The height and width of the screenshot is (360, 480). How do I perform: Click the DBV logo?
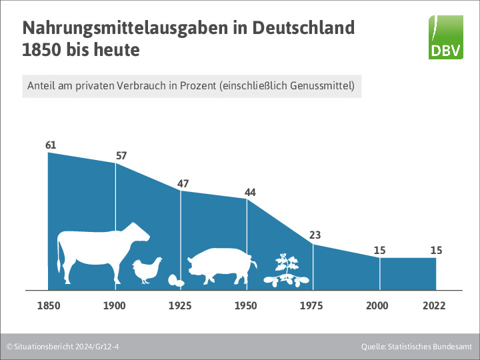click(446, 37)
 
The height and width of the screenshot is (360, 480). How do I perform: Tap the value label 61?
click(51, 145)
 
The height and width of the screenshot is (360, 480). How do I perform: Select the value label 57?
click(121, 156)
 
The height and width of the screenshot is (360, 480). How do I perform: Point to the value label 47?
click(183, 184)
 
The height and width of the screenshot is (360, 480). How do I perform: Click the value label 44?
click(250, 192)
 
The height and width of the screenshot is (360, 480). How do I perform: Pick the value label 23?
click(315, 235)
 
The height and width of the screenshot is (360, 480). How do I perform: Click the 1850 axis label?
click(49, 305)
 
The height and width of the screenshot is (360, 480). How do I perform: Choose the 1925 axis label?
click(180, 305)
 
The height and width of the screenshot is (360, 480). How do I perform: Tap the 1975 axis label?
click(311, 305)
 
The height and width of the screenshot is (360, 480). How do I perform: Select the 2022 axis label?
click(434, 305)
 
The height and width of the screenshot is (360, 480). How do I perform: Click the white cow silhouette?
click(103, 253)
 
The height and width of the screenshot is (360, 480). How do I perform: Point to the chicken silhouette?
click(147, 270)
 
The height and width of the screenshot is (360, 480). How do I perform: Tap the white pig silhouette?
click(222, 266)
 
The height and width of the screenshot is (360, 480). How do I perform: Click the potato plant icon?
click(287, 270)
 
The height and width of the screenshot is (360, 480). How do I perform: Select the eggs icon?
click(176, 281)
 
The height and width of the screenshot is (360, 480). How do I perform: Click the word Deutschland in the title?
click(303, 28)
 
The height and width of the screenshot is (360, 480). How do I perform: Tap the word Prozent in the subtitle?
click(198, 86)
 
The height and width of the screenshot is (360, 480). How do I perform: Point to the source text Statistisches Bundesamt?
click(430, 347)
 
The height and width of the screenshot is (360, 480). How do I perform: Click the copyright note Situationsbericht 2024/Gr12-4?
click(67, 347)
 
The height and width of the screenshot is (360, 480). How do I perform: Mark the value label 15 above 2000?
click(379, 251)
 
